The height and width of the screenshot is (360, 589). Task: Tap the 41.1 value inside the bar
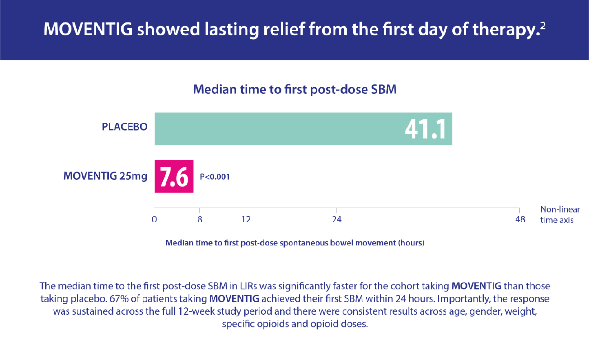pos(425,129)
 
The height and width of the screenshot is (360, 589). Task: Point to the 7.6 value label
pos(174,177)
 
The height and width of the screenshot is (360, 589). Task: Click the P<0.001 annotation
pos(215,177)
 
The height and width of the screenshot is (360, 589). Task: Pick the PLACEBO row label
pos(124,127)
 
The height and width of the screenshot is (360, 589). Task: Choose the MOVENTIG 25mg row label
pos(105,176)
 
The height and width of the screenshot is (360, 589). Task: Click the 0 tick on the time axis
pos(154,220)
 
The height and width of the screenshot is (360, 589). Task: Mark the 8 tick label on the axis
pos(200,220)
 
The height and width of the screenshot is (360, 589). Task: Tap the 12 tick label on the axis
pos(246,220)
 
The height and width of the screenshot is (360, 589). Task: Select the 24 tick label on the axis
pos(337,220)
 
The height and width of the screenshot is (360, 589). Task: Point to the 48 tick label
pos(520,220)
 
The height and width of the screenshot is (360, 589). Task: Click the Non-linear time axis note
pos(560,215)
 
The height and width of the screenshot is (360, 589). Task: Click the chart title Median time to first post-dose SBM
pos(294,89)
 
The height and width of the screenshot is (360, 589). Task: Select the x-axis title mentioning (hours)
pos(294,243)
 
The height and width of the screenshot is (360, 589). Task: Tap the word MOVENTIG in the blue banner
pos(88,29)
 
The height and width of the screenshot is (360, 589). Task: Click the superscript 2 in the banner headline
pos(542,25)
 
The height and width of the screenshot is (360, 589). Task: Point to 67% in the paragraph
pos(118,299)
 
